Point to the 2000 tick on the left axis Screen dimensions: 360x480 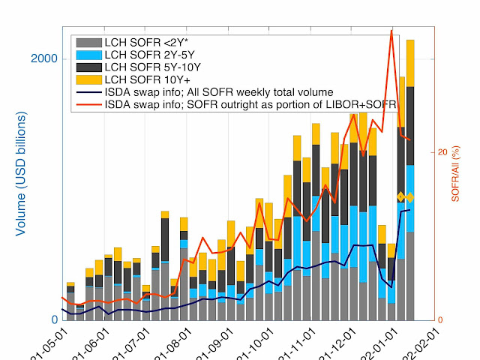coord(46,59)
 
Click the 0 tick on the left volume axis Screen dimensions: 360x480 coord(55,319)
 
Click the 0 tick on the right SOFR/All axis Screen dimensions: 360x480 coord(442,319)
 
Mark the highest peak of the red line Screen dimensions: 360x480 coord(391,31)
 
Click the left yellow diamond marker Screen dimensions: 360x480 coord(400,197)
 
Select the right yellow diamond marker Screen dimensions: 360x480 coord(410,197)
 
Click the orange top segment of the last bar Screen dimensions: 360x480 coord(410,63)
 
